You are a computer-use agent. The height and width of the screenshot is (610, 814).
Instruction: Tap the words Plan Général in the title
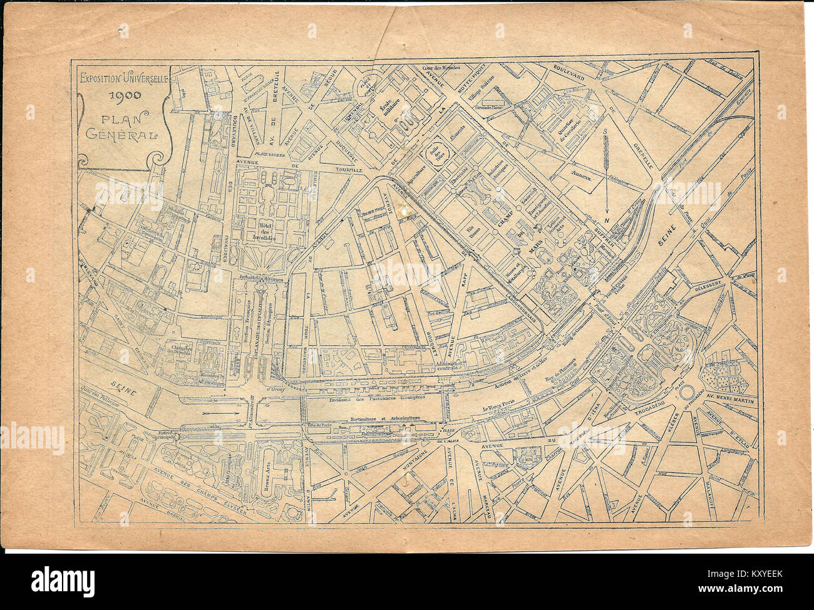tap(123, 125)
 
